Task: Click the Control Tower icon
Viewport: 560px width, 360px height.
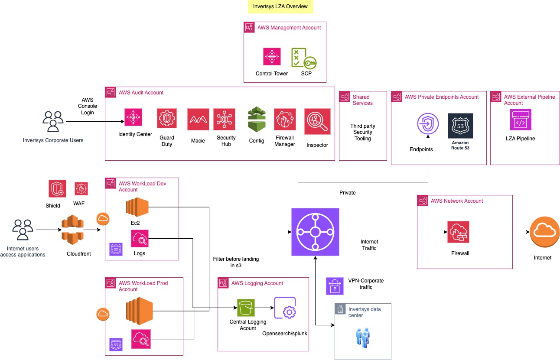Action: tap(272, 57)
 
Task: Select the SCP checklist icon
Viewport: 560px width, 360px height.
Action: tap(303, 58)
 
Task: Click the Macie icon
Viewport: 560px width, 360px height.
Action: tap(198, 119)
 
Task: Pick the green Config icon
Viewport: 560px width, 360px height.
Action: tap(257, 120)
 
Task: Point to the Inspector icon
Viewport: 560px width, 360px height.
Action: tap(317, 121)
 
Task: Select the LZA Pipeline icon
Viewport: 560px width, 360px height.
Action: tap(521, 120)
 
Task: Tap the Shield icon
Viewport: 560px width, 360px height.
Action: tap(57, 189)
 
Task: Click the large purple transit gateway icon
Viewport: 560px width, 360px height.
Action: tap(315, 232)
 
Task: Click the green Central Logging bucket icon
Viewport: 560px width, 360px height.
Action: tap(246, 308)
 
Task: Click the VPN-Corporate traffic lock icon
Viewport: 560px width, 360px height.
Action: tap(334, 286)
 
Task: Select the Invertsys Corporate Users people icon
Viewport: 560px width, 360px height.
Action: tap(53, 122)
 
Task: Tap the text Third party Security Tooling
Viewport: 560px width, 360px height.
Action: tap(363, 132)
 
